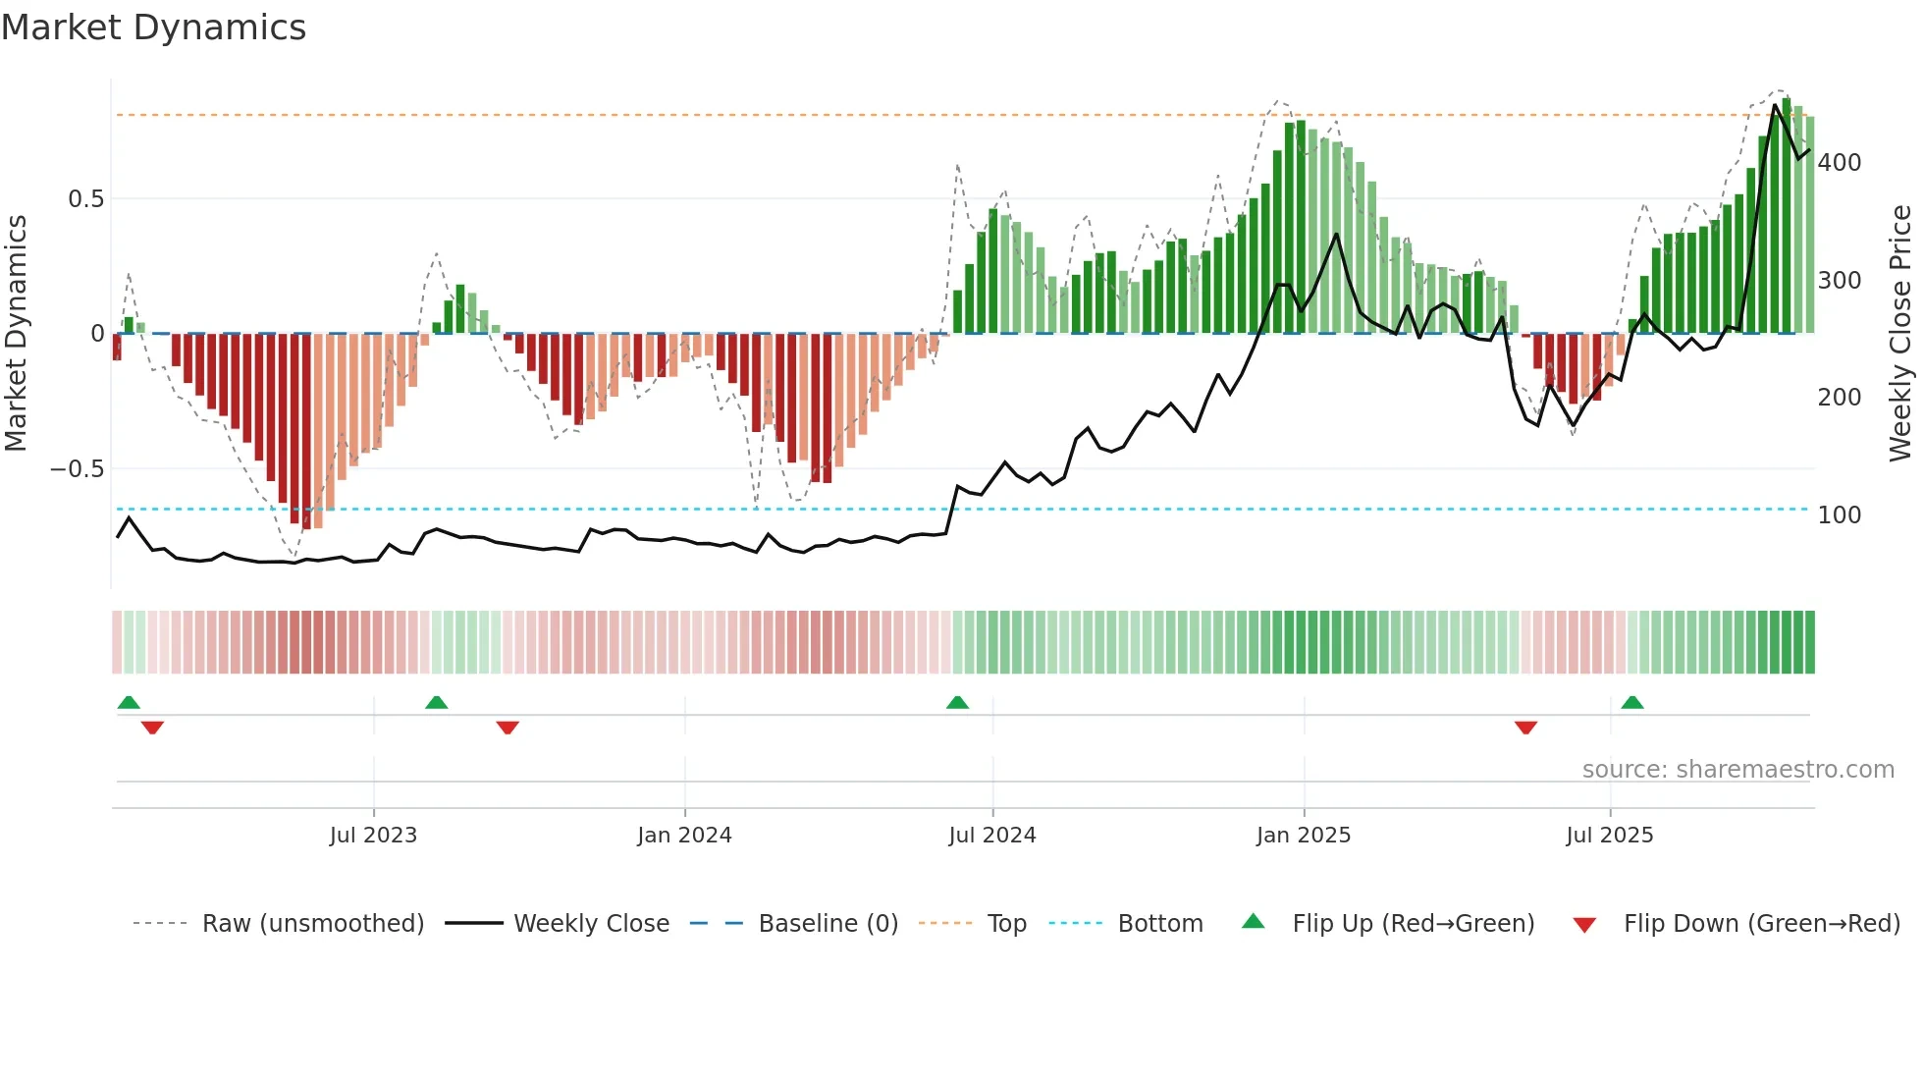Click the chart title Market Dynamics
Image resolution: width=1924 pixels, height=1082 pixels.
coord(153,27)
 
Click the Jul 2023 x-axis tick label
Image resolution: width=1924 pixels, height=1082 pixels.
coord(373,836)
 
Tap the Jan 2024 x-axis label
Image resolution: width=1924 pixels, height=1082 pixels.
coord(684,836)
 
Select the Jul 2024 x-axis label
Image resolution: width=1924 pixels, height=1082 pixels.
coord(991,836)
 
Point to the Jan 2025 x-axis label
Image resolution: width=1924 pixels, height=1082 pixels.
coord(1303,836)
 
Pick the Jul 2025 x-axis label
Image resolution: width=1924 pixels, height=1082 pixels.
coord(1609,836)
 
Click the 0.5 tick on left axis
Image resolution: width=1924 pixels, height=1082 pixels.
coord(85,199)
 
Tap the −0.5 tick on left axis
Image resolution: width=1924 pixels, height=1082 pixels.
coord(78,469)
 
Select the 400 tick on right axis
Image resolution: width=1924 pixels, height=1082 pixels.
coord(1839,163)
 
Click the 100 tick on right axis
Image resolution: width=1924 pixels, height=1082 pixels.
coord(1839,515)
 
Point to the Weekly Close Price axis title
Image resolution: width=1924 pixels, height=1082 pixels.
coord(1900,334)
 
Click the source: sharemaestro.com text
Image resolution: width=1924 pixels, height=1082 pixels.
coord(1737,770)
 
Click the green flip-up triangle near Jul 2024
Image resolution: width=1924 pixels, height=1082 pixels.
coord(957,702)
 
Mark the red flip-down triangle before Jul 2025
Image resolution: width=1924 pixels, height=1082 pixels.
coord(1525,728)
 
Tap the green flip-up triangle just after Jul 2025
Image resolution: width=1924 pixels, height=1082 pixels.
coord(1632,702)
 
